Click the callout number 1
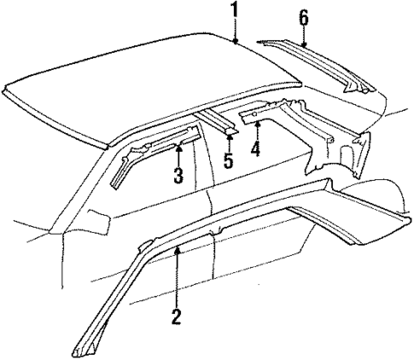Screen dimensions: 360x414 [x=232, y=10]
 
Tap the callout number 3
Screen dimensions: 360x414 [x=178, y=177]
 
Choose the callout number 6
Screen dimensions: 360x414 [x=303, y=16]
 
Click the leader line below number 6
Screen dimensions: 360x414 [x=303, y=34]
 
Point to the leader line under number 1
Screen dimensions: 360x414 [x=232, y=28]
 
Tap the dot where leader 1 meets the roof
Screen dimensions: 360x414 [x=233, y=40]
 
